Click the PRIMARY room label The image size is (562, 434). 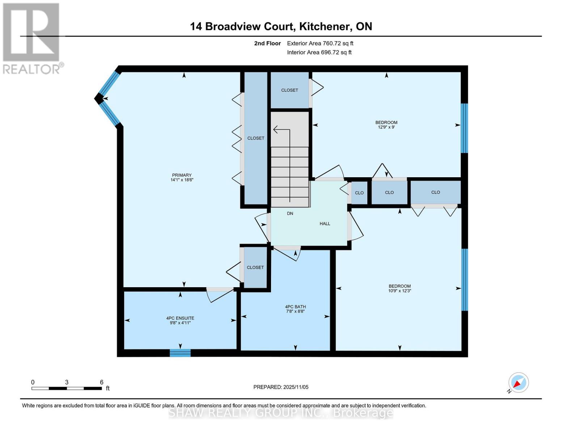(182, 175)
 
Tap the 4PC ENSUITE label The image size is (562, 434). (180, 318)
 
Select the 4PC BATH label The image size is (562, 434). (295, 307)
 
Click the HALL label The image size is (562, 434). (325, 224)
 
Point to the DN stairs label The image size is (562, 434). (290, 213)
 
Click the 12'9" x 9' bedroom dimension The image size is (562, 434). (386, 127)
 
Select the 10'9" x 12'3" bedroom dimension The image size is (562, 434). (400, 291)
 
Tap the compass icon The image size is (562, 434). (518, 383)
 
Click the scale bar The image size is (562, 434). (67, 388)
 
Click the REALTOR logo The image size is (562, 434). (31, 38)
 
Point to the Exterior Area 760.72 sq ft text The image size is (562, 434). (320, 43)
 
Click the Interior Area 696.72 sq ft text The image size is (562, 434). (319, 52)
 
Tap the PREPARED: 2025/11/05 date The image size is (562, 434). (281, 387)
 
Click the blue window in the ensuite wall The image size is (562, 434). (180, 353)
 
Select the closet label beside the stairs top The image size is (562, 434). (290, 90)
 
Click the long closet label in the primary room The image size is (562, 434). (255, 138)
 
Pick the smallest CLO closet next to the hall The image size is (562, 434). (359, 193)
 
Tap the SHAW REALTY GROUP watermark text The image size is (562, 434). (281, 413)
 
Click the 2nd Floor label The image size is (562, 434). (267, 43)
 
